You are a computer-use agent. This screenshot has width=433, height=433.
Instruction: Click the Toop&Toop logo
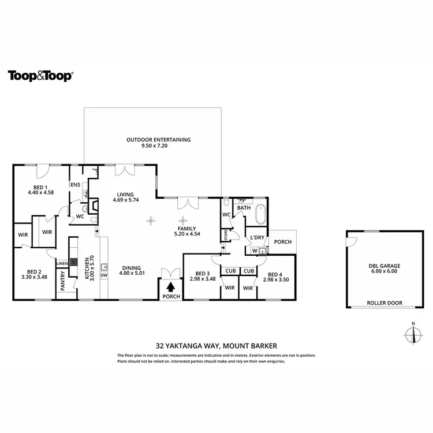[x=40, y=76]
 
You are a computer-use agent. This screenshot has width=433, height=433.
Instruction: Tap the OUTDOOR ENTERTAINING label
[x=158, y=140]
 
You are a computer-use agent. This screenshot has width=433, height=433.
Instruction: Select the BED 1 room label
[x=40, y=188]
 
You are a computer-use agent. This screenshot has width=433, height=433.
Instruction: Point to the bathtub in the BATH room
[x=260, y=215]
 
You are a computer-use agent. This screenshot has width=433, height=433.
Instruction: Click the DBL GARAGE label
[x=384, y=266]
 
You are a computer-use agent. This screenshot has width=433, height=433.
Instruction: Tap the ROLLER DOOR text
[x=385, y=303]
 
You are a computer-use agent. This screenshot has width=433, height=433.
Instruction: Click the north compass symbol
[x=412, y=334]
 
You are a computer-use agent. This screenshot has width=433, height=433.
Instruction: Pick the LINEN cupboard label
[x=62, y=263]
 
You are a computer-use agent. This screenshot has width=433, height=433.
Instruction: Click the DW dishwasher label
[x=104, y=275]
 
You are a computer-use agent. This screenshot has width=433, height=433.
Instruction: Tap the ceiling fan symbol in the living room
[x=151, y=220]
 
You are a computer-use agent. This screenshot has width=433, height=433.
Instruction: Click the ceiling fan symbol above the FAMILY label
[x=184, y=220]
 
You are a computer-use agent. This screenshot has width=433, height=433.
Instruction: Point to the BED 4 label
[x=275, y=274]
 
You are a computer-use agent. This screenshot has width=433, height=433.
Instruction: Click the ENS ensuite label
[x=75, y=185]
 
